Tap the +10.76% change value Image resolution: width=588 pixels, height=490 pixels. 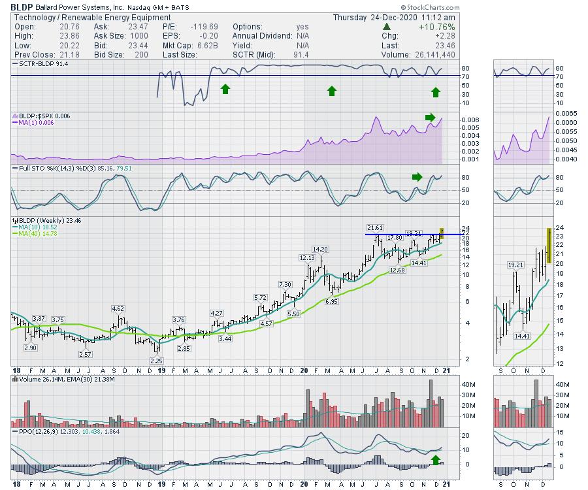[420, 27]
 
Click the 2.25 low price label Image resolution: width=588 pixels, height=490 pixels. [155, 361]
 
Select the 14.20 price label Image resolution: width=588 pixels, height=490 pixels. [319, 249]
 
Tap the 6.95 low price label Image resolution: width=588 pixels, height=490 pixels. [331, 301]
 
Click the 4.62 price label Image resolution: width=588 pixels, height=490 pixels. [118, 308]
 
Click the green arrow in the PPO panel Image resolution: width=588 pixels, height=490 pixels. [436, 460]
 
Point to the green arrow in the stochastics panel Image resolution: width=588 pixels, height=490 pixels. [417, 176]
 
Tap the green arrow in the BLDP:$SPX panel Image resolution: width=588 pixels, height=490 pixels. [429, 118]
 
